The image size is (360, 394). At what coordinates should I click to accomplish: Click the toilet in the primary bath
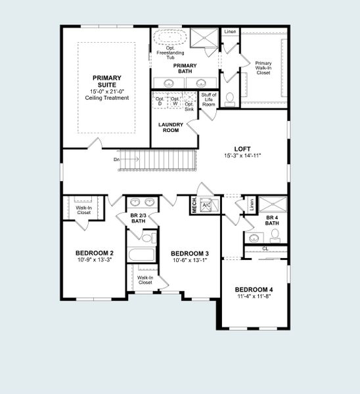coord(229,98)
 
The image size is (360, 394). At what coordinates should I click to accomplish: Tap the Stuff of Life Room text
coord(208,100)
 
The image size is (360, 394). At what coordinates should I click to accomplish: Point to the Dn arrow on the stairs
coord(126,159)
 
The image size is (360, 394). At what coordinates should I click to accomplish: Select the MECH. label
coord(194,205)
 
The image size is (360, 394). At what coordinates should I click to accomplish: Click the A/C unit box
coord(206,204)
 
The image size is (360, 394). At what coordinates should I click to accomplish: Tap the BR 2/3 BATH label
coord(138,219)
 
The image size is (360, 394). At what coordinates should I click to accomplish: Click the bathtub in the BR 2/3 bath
coord(140,255)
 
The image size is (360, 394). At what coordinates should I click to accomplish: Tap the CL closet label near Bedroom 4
coord(264,249)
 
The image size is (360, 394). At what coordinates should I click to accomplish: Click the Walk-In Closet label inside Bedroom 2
coord(83,210)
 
